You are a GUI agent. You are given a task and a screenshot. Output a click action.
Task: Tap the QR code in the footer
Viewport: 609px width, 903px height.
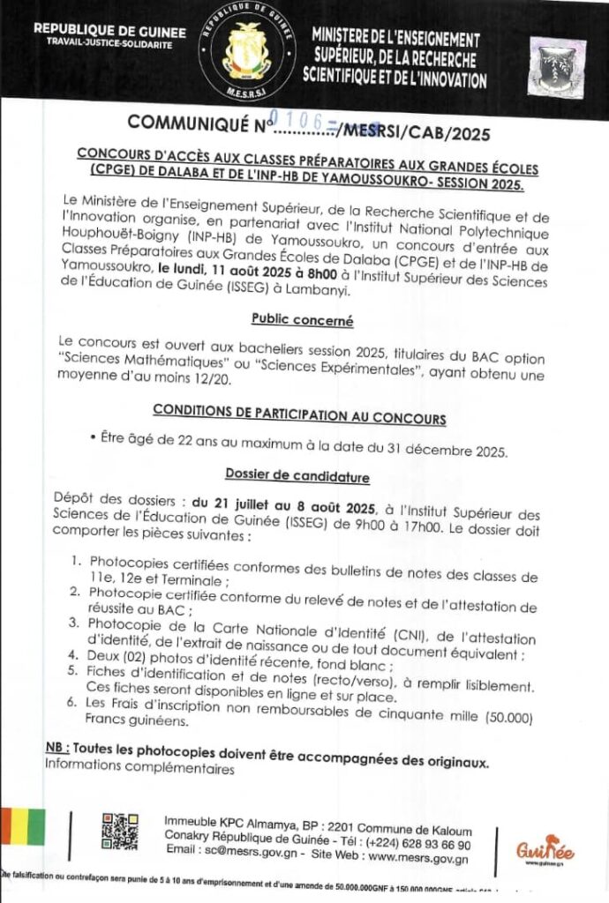click(x=119, y=831)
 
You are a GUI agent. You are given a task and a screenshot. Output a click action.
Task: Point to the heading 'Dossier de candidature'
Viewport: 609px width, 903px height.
click(x=297, y=476)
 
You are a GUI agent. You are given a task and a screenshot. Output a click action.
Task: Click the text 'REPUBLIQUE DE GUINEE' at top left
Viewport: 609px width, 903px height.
click(x=109, y=31)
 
